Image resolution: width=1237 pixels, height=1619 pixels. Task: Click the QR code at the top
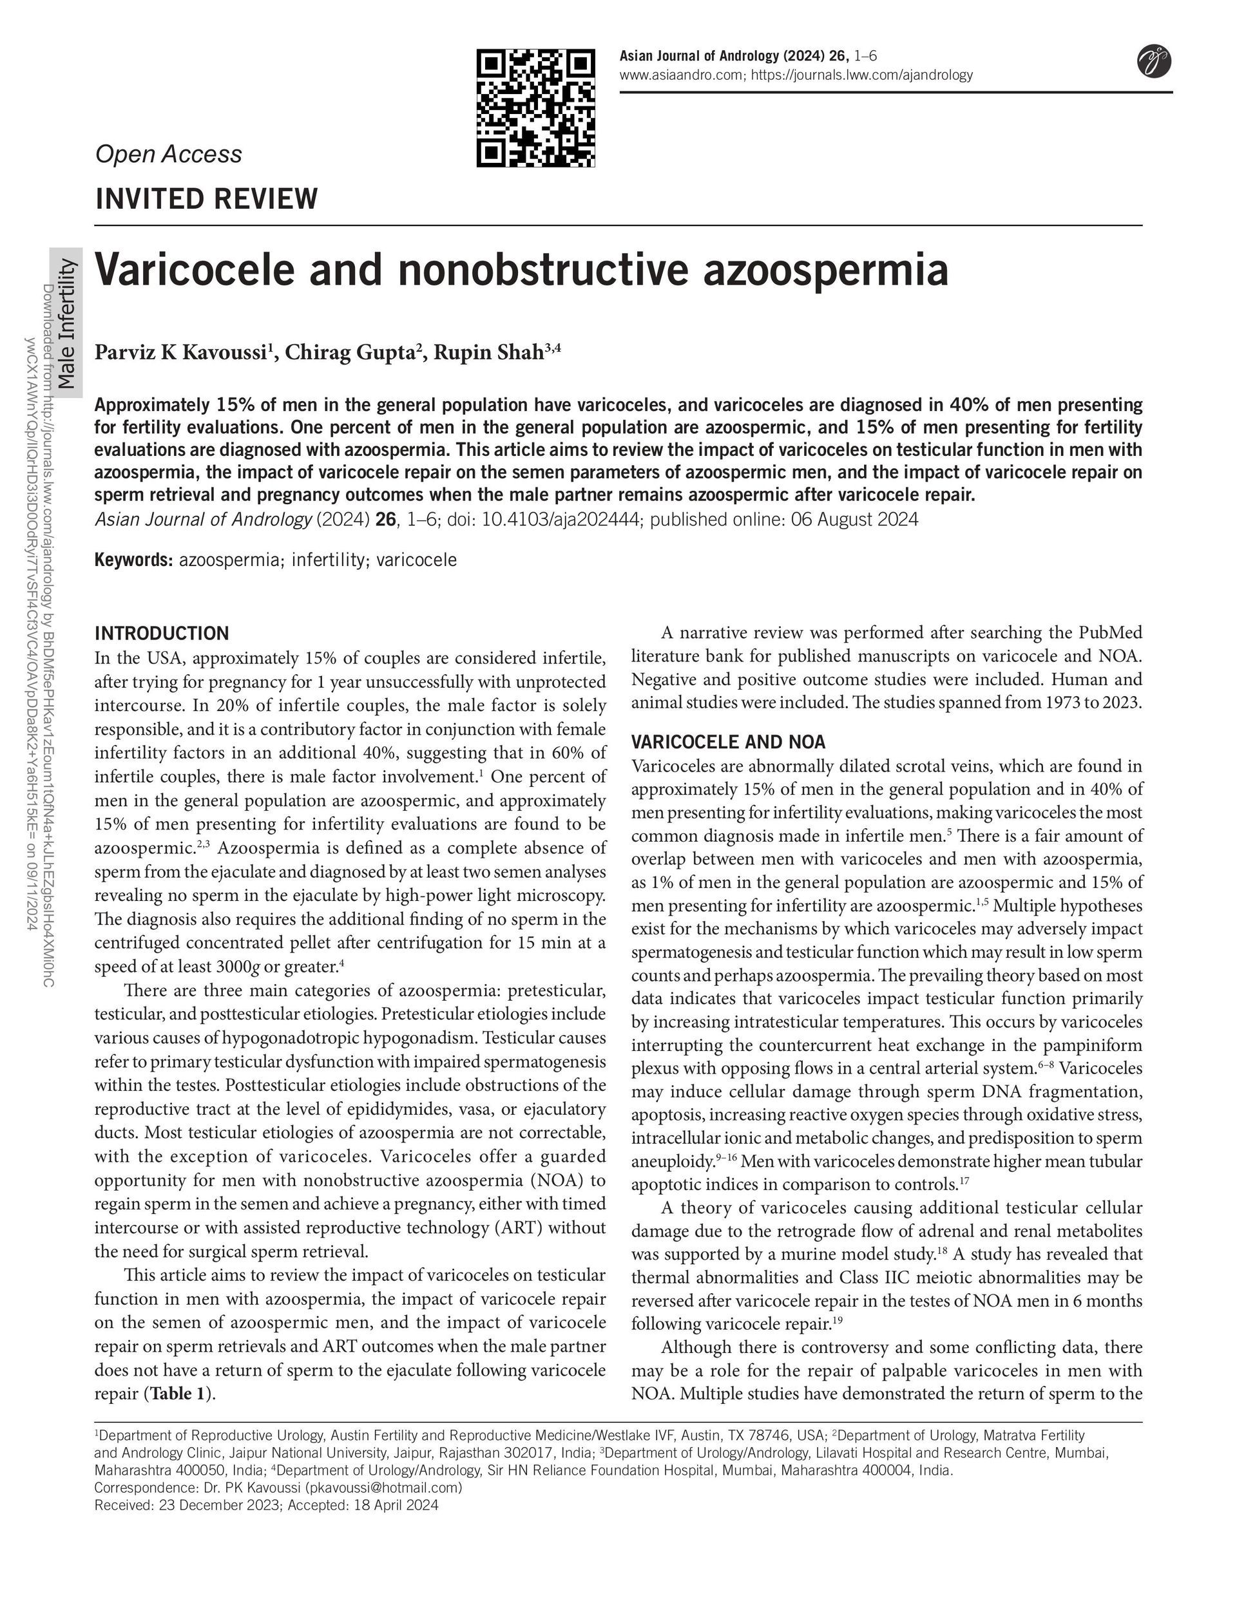tap(535, 108)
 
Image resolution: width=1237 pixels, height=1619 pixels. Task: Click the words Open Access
tap(169, 154)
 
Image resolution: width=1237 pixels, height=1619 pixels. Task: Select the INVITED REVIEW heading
tap(207, 199)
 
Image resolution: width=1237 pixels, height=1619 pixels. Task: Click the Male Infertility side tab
tap(67, 324)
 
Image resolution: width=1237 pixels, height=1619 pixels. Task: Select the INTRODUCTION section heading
tap(162, 633)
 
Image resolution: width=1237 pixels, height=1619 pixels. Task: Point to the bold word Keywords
tap(133, 560)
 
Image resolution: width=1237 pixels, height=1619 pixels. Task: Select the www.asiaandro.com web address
tap(682, 75)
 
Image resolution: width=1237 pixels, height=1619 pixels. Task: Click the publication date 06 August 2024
tap(854, 520)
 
